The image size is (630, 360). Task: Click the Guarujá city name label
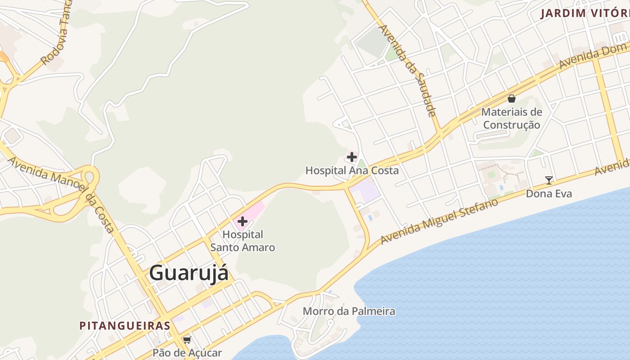coord(189,273)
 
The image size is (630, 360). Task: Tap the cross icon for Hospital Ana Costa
coord(352,157)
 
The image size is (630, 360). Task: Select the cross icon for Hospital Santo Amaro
coord(243,221)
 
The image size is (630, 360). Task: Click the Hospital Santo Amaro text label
coord(243,241)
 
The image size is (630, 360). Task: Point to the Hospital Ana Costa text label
coord(352,171)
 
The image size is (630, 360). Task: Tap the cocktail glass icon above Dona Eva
coord(549,180)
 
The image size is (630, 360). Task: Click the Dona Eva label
coord(549,193)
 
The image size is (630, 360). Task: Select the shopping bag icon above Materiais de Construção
coord(512,99)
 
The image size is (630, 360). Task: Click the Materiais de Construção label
coord(512,118)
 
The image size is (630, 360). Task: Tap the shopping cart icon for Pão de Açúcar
coord(187,340)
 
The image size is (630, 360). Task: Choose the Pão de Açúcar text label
coord(187,352)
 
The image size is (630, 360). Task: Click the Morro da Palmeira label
coord(349,311)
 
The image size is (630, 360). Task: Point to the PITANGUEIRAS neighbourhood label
coord(125,325)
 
